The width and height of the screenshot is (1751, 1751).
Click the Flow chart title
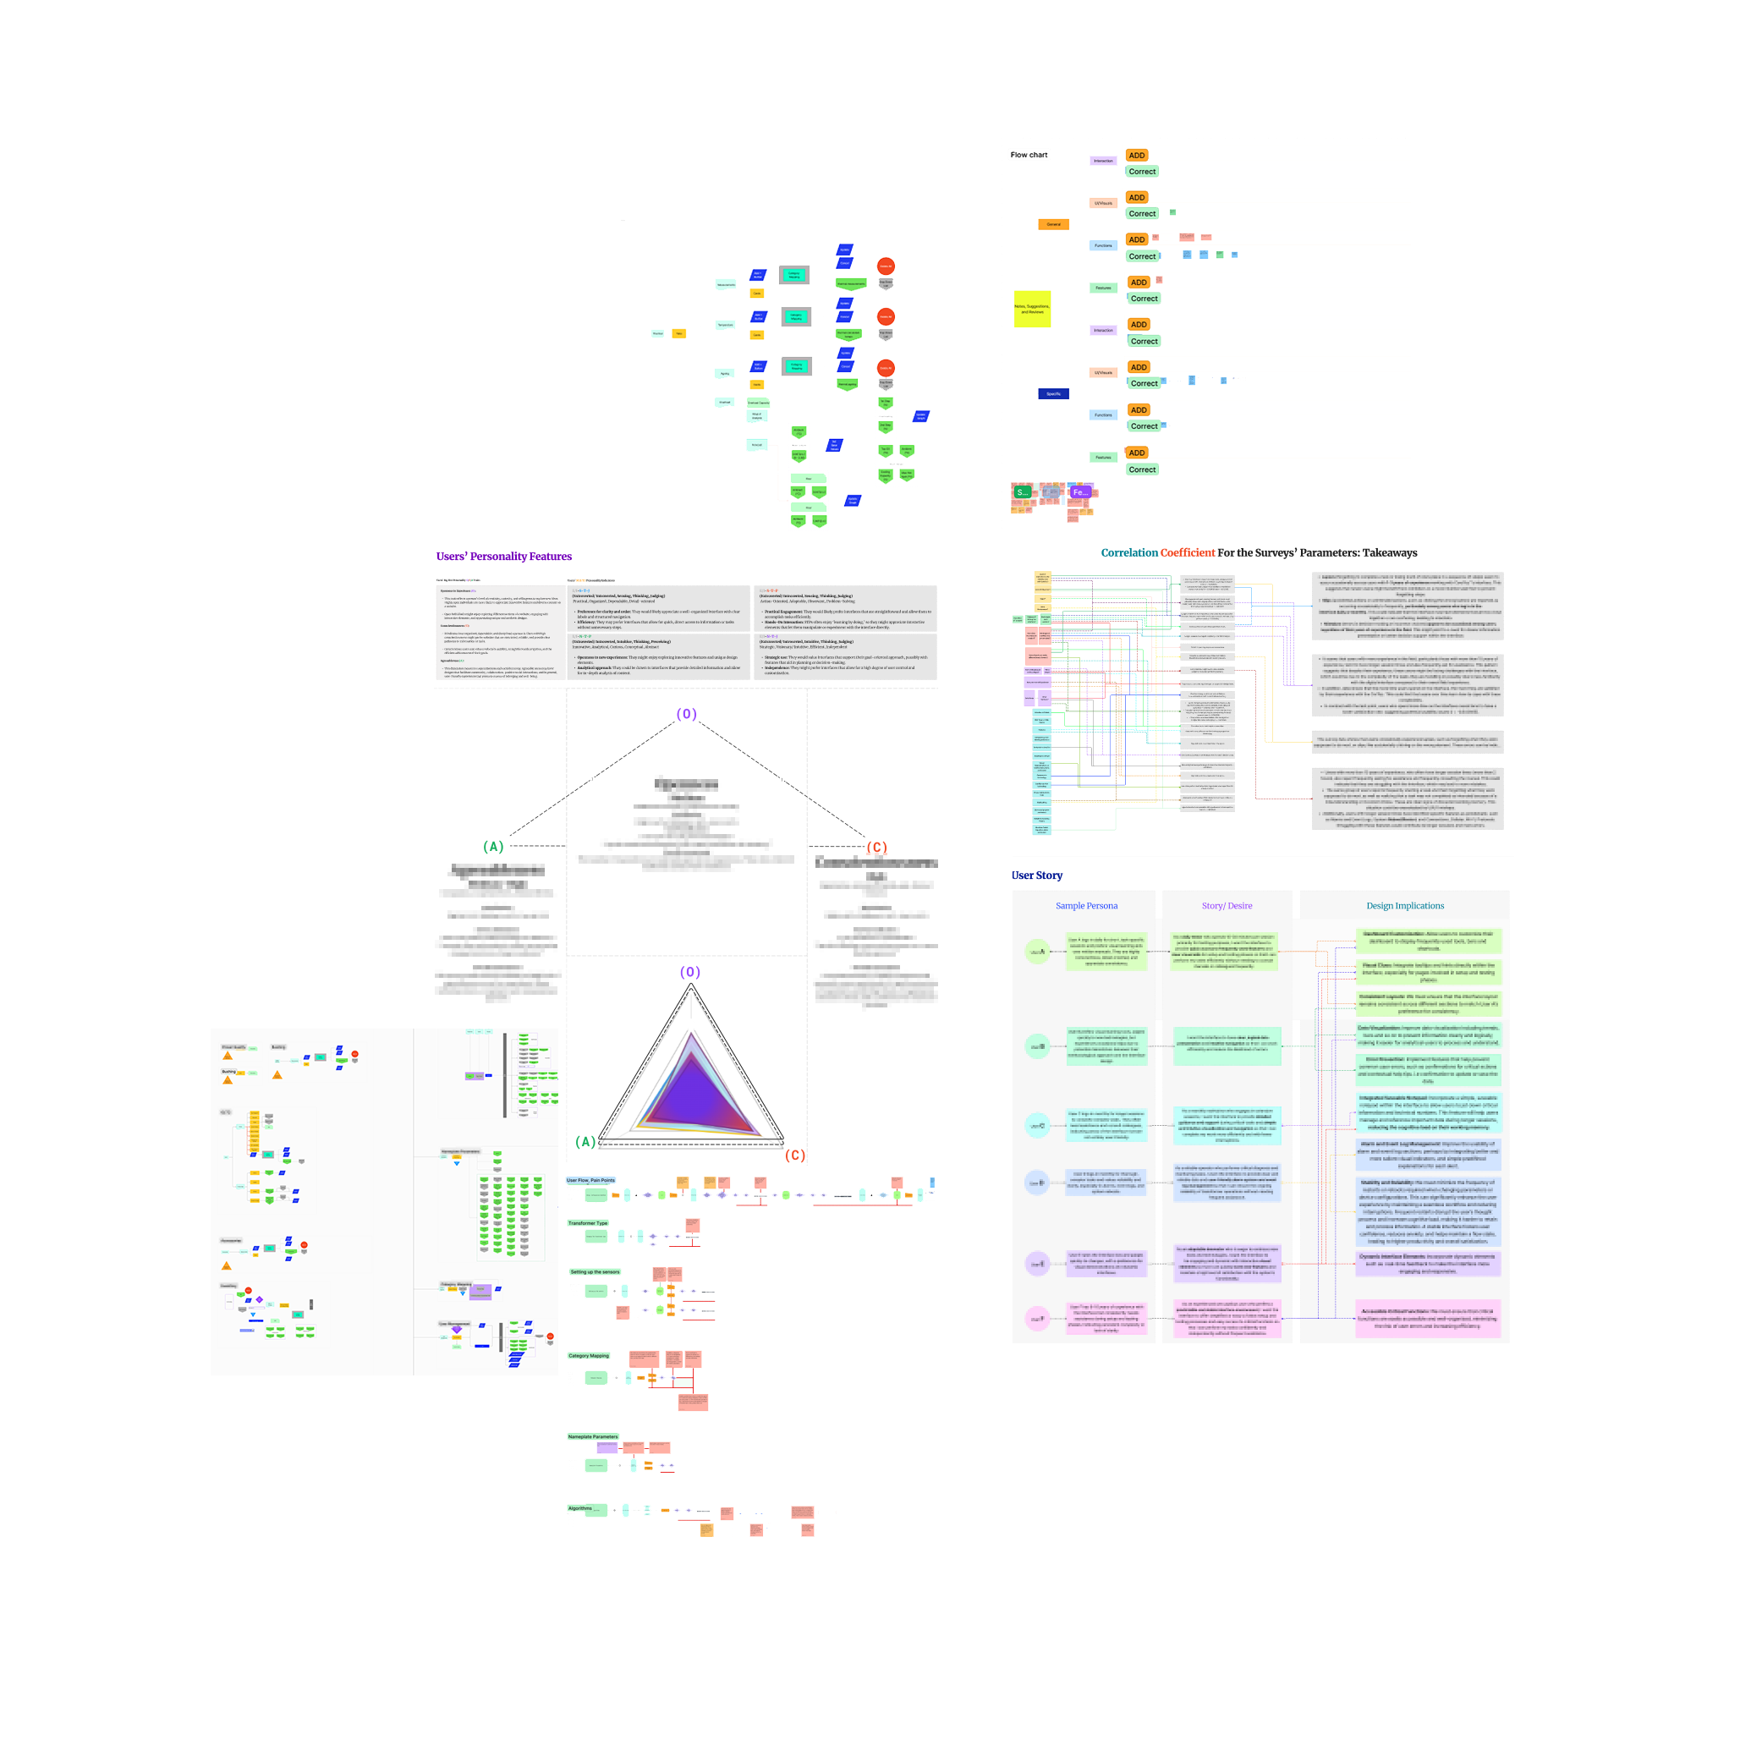point(1029,155)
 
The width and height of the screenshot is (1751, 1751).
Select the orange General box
point(1053,224)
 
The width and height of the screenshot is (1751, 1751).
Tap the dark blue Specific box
point(1053,393)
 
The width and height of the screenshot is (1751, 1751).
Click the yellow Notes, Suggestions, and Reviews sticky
point(1031,309)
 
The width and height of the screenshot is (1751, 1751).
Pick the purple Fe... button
point(1079,492)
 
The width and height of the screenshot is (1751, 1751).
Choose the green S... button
point(1023,492)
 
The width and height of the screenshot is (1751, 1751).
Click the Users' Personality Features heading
point(504,557)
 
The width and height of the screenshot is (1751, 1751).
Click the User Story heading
point(1037,875)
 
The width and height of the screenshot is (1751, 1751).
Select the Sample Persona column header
point(1086,905)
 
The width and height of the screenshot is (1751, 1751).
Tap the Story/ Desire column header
point(1227,905)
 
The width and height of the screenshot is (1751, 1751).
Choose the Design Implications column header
point(1405,905)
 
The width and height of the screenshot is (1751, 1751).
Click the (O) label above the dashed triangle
point(687,714)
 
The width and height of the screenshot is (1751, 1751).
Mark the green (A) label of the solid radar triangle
point(585,1142)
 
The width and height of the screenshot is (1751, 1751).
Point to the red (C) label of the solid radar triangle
point(795,1155)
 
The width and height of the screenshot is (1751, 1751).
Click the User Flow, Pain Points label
point(591,1180)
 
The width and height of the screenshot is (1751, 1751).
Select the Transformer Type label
point(587,1222)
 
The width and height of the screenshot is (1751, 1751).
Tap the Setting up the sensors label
point(595,1271)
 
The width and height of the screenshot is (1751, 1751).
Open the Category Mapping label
point(588,1356)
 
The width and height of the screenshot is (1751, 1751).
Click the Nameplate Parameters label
point(593,1436)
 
